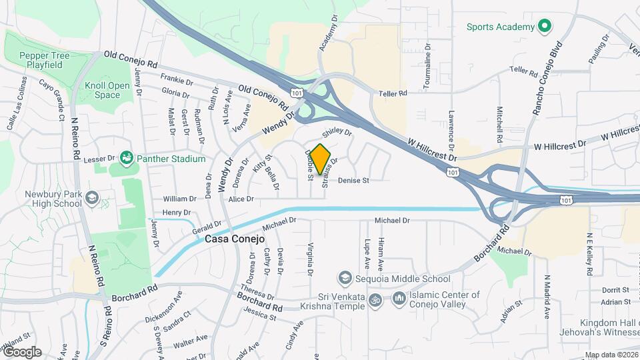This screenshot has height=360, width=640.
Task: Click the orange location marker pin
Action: click(x=321, y=158)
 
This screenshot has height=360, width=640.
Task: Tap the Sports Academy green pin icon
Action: click(x=545, y=27)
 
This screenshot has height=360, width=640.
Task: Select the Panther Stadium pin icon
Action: click(x=126, y=159)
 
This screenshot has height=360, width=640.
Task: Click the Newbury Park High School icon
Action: click(x=92, y=198)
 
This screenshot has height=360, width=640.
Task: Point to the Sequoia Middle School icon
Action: click(x=345, y=277)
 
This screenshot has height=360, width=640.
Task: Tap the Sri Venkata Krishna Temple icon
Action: click(x=375, y=300)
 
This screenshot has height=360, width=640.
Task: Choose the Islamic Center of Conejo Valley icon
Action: click(x=399, y=299)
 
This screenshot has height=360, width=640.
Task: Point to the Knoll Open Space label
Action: click(x=107, y=90)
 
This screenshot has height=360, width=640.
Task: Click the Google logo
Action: click(x=21, y=352)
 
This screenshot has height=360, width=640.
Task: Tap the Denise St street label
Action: click(x=353, y=181)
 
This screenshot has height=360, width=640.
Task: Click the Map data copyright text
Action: click(x=611, y=355)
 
